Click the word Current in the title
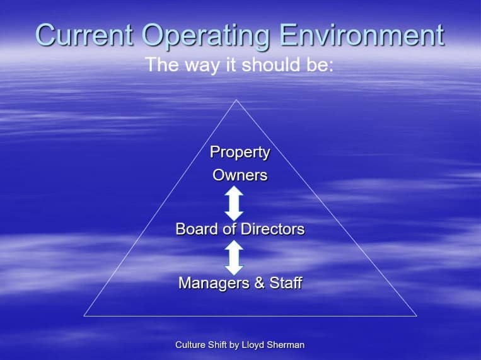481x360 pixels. tap(84, 35)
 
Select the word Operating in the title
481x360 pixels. tap(206, 37)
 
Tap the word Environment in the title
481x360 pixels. tap(362, 35)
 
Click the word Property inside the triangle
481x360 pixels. tap(240, 153)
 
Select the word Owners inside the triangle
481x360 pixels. tap(240, 175)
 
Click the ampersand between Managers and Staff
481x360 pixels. tap(259, 282)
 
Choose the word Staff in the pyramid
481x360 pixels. tap(286, 282)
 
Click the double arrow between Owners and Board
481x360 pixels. tap(234, 203)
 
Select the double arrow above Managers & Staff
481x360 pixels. tap(234, 257)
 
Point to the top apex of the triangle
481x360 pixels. tap(236, 100)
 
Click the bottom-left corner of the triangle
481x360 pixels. tap(84, 316)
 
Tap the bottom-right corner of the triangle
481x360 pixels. tap(417, 316)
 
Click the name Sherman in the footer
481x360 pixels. tap(286, 345)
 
